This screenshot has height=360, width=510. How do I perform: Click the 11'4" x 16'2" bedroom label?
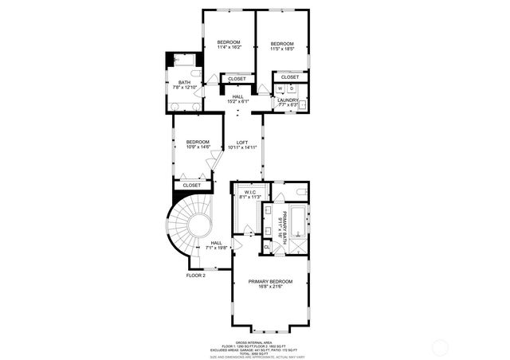228,45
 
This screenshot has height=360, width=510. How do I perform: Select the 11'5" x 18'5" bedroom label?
282,45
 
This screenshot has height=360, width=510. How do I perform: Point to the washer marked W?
280,88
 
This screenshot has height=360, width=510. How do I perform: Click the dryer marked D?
292,88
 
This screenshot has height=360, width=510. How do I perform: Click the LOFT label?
241,145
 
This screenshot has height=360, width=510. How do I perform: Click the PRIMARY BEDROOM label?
270,284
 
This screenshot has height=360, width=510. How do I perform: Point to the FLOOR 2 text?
196,275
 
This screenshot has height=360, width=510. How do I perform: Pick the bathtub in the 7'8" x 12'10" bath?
184,61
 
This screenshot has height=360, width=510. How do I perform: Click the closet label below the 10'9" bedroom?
192,185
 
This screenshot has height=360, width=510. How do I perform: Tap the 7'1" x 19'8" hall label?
217,245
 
